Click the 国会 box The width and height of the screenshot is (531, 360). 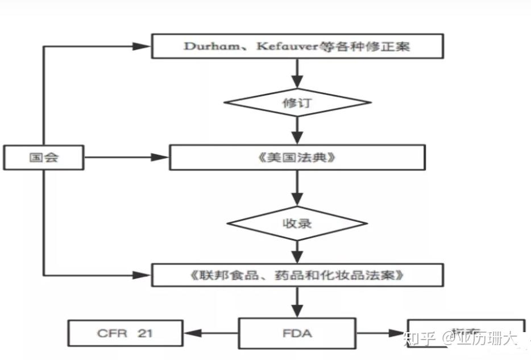[43, 158]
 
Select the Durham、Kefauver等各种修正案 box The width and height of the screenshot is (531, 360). [297, 46]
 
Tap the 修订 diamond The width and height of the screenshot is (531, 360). [297, 103]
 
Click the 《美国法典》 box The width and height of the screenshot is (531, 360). [297, 157]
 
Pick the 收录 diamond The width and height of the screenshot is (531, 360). [297, 222]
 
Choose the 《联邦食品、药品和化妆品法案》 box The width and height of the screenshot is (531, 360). [297, 275]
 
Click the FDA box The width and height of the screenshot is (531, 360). [297, 333]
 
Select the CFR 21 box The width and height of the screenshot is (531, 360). [126, 333]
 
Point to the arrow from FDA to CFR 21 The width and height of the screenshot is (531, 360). [210, 333]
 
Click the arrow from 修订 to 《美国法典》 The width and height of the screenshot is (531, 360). [297, 132]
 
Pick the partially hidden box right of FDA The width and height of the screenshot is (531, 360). [466, 332]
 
